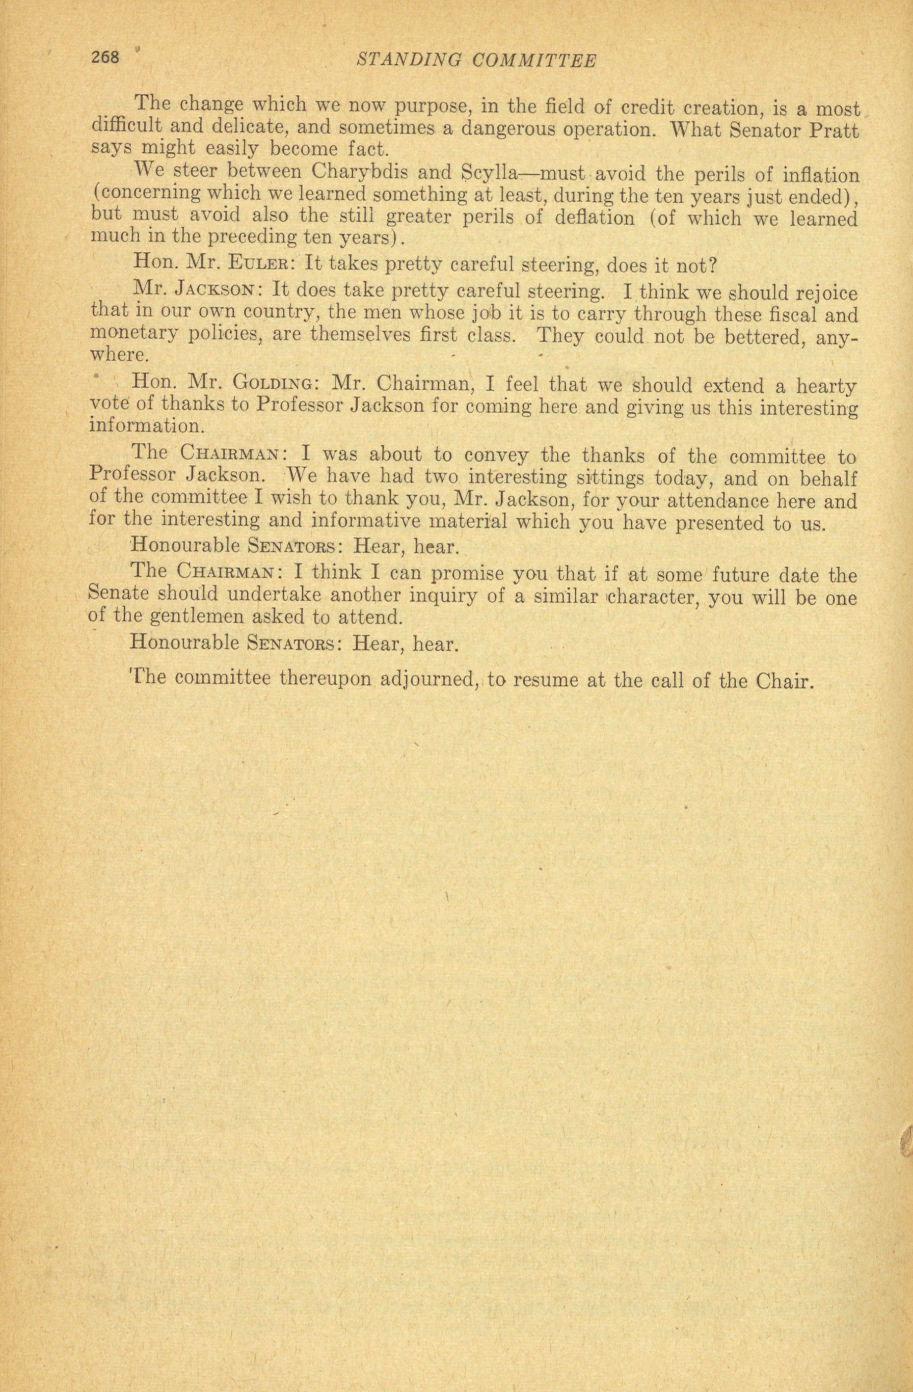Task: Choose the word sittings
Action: click(609, 478)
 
